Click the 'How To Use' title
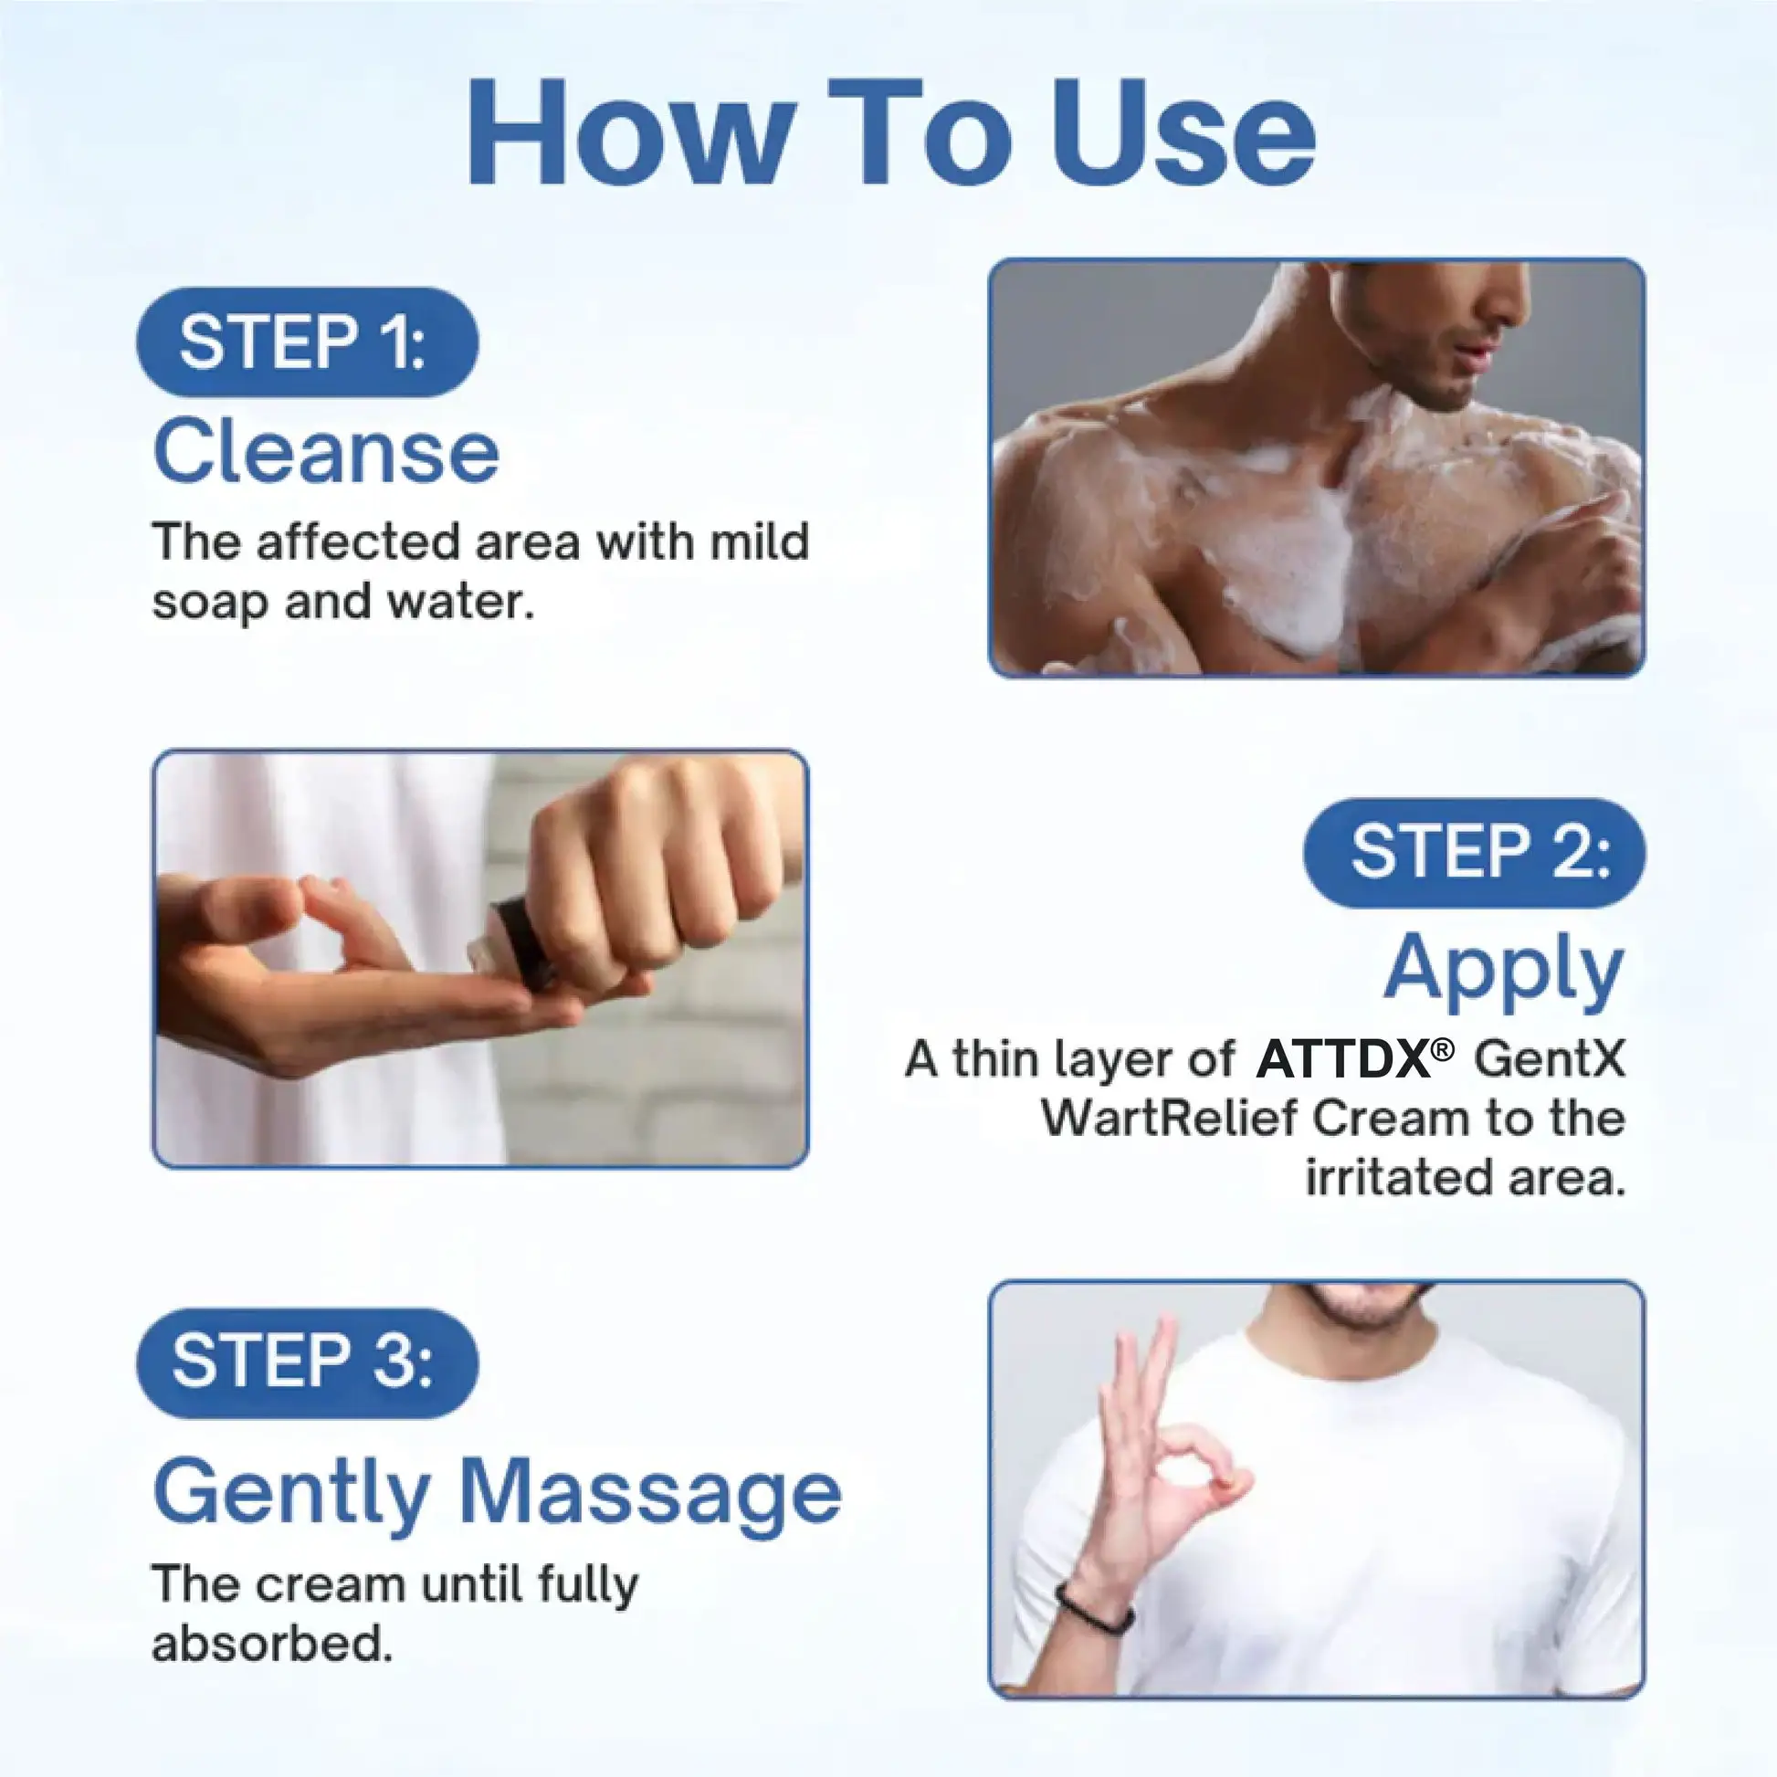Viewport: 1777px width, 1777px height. coord(890,133)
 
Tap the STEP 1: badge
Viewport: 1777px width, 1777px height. coord(307,342)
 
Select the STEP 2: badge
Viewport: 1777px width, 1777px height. coord(1475,853)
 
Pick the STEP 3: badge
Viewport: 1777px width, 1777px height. coord(307,1362)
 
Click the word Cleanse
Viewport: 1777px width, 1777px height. coord(326,451)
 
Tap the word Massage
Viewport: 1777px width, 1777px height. coord(649,1492)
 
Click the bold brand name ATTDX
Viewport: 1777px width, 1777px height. coord(1344,1058)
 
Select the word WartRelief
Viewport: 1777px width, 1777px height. coord(1168,1119)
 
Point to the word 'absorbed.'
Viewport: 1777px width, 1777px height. coord(272,1644)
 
